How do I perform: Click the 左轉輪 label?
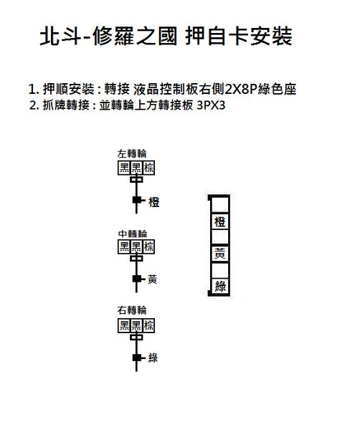click(x=132, y=153)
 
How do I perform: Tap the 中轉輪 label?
click(x=133, y=234)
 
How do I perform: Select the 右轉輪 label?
click(x=132, y=310)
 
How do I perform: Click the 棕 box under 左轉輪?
click(x=148, y=168)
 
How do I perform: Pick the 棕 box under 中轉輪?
click(x=148, y=247)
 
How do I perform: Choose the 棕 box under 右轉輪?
click(x=148, y=325)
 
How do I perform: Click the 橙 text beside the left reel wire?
click(x=154, y=202)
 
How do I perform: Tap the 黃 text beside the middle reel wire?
click(x=152, y=279)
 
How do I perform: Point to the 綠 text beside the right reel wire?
click(x=153, y=358)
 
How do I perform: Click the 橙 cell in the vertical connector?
click(x=219, y=221)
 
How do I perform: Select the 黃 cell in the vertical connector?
click(x=219, y=254)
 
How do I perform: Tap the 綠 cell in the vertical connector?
click(x=220, y=286)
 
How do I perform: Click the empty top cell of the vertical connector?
click(x=219, y=204)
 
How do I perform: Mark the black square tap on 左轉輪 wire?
click(x=137, y=200)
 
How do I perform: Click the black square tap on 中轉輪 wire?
click(x=137, y=279)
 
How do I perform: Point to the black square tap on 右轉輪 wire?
click(x=137, y=358)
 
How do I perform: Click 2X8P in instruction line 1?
click(x=241, y=89)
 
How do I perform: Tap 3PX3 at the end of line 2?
click(x=211, y=105)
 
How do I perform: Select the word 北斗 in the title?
click(x=61, y=36)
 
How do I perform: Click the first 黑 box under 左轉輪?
click(x=124, y=168)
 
